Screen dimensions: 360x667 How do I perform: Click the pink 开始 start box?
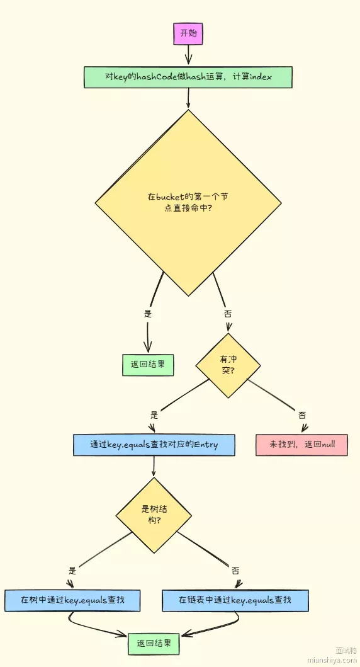pos(188,33)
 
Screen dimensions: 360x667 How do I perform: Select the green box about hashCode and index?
pos(188,77)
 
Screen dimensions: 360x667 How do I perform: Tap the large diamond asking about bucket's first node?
pos(188,202)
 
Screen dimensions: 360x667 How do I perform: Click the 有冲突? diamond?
pos(228,365)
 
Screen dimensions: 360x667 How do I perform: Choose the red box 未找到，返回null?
pos(301,445)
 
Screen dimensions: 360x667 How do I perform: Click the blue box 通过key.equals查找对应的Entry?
pos(154,445)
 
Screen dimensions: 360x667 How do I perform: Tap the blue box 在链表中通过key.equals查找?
pos(235,600)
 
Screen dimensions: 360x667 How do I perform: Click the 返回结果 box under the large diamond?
pos(148,365)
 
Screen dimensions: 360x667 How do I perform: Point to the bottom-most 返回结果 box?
pos(154,644)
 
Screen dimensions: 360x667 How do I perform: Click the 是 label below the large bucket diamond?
pos(148,314)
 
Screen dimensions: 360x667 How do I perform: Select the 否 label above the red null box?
pos(301,414)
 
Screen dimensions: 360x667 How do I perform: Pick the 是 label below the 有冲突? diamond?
pos(154,414)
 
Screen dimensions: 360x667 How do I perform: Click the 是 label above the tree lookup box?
pos(72,569)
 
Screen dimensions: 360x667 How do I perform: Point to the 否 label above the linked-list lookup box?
pos(235,570)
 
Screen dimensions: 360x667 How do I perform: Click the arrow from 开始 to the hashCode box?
pos(188,55)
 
